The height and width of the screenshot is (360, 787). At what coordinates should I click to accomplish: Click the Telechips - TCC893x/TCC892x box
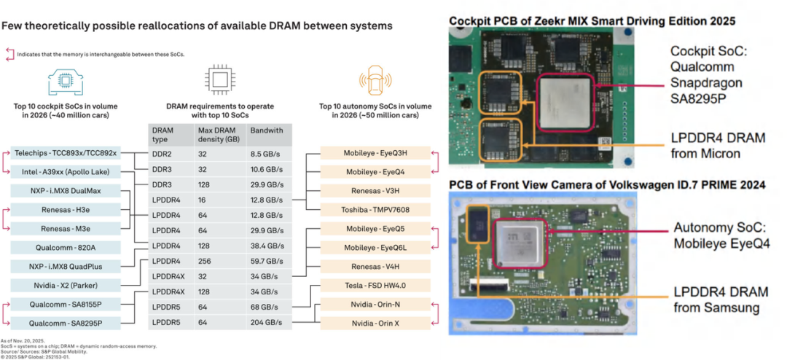coord(65,153)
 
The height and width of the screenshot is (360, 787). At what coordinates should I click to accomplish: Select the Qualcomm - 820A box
coord(65,247)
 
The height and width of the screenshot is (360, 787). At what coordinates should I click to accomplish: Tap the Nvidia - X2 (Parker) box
coord(65,285)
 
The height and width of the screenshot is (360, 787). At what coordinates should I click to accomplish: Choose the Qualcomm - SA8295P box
coord(65,323)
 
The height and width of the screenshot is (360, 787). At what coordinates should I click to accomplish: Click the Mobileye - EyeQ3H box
coord(375,153)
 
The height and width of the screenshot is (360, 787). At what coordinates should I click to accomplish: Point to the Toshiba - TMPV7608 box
coord(375,210)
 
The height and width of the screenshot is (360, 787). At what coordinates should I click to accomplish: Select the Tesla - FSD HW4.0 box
coord(375,285)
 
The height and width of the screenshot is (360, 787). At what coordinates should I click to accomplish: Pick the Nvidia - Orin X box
coord(375,323)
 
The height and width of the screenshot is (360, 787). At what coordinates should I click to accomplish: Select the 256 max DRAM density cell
coord(206,261)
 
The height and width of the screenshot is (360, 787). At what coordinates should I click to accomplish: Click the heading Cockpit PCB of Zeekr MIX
coord(554,21)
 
